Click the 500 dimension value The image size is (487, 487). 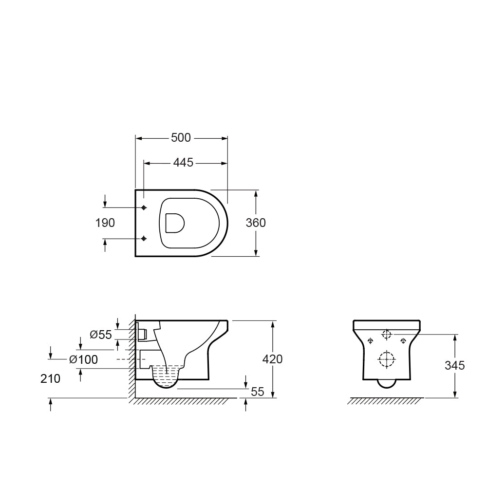click(181, 138)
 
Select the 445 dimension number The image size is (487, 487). click(183, 163)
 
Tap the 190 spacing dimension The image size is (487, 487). click(105, 223)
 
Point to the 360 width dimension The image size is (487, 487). click(256, 223)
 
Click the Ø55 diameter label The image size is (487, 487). click(101, 335)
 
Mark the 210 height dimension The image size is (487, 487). click(51, 378)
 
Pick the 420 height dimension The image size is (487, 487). click(272, 359)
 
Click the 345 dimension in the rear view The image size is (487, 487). click(454, 365)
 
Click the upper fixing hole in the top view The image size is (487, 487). click(144, 208)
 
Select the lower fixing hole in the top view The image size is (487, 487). click(144, 239)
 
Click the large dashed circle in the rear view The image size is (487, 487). click(387, 359)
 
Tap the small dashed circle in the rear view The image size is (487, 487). click(387, 335)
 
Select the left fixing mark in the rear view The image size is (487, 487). click(371, 340)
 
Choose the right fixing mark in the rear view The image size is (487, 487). click(403, 340)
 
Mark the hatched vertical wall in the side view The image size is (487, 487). click(132, 358)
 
